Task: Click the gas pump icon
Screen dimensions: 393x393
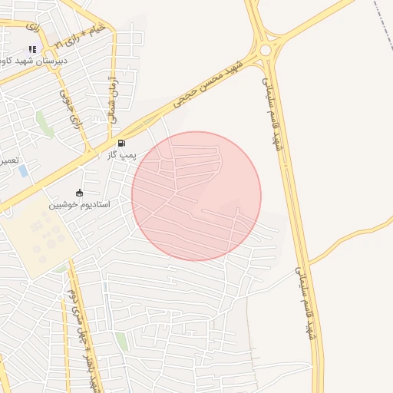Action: click(121, 144)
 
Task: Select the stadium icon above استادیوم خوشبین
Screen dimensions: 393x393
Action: click(80, 193)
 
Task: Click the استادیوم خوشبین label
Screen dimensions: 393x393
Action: click(80, 205)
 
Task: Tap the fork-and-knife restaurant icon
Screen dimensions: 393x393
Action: click(32, 49)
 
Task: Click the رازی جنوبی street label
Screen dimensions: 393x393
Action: click(71, 107)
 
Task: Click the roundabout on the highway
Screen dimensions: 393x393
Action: click(266, 50)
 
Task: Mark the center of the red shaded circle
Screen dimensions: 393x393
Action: click(196, 196)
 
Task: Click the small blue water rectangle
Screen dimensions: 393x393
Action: click(23, 170)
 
